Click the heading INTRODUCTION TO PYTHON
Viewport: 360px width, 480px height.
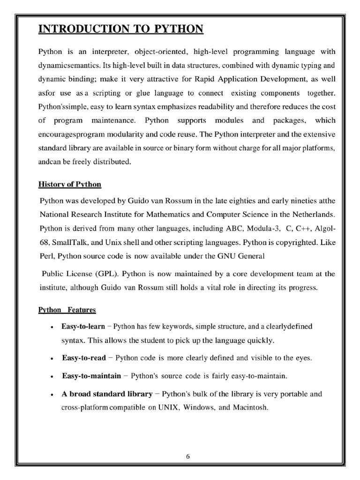coord(121,29)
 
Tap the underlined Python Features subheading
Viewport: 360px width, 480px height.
coord(67,310)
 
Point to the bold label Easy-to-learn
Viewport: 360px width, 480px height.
coord(83,326)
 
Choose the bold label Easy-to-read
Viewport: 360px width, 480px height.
coord(83,358)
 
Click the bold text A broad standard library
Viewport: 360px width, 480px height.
coord(107,394)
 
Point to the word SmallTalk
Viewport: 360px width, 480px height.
coord(69,243)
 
